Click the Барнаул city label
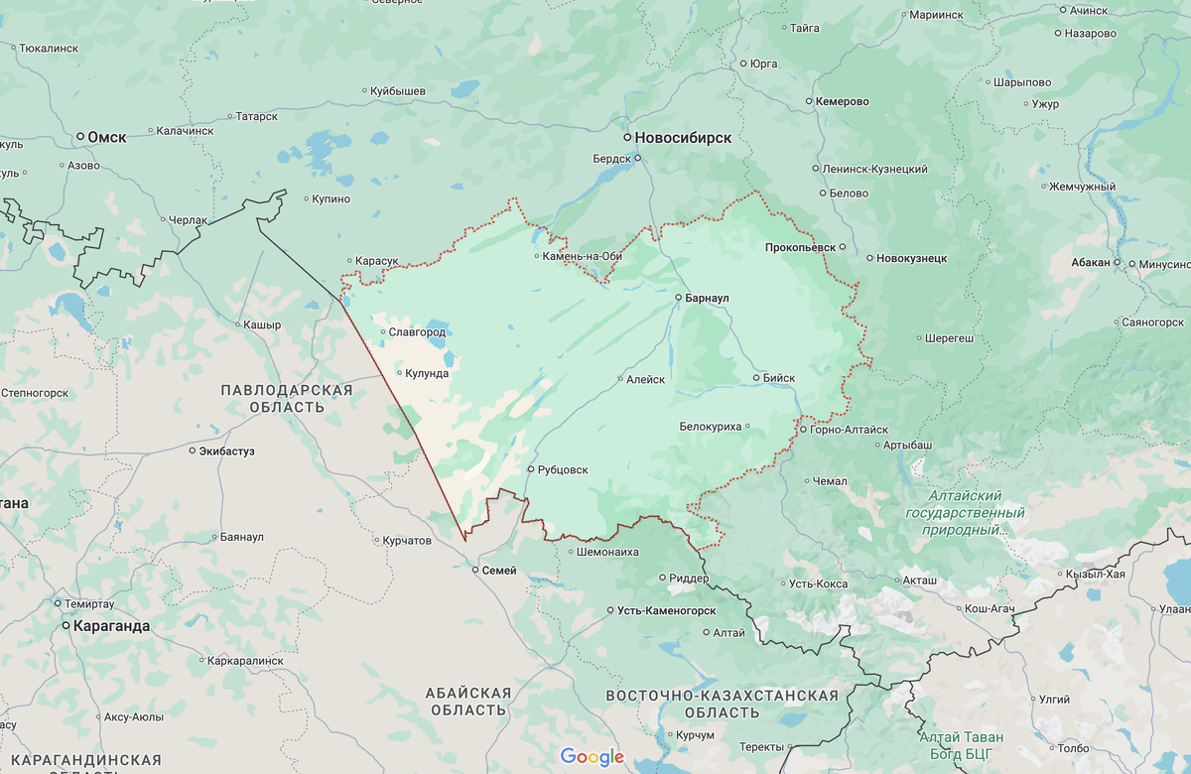(708, 298)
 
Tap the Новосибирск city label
(684, 138)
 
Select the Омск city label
(107, 137)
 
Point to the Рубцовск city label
(564, 469)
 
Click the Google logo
(593, 757)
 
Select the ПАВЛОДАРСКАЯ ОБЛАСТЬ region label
(287, 399)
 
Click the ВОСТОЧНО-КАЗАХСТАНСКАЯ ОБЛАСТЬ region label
(723, 705)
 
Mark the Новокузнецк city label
(911, 258)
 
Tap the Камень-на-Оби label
(584, 256)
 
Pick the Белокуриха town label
(711, 427)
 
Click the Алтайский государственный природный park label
(965, 512)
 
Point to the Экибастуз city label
(227, 451)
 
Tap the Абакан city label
(1090, 262)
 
